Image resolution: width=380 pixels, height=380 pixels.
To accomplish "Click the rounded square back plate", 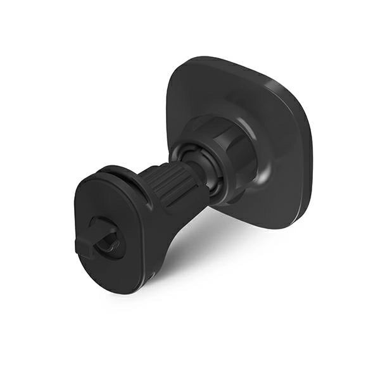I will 279,114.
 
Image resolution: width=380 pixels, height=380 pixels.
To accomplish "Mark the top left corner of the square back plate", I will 180,70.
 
